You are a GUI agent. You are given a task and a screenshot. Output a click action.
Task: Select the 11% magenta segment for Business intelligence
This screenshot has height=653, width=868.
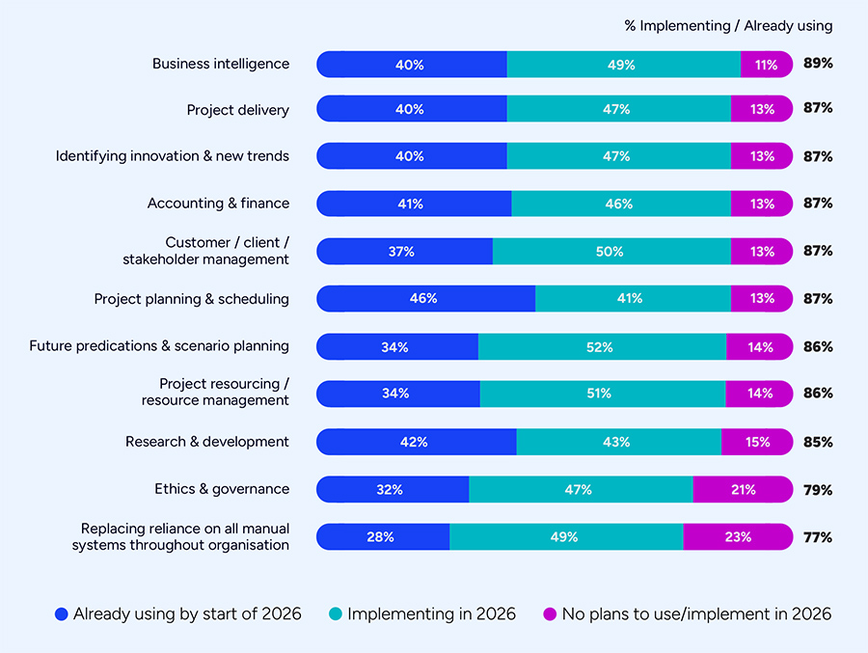pyautogui.click(x=766, y=65)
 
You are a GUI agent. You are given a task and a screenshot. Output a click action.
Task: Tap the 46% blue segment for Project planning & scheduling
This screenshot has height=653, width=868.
pyautogui.click(x=424, y=299)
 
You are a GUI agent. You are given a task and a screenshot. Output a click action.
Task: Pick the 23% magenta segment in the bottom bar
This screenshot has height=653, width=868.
pyautogui.click(x=738, y=537)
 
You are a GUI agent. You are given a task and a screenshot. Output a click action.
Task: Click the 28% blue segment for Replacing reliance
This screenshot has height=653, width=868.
pyautogui.click(x=382, y=537)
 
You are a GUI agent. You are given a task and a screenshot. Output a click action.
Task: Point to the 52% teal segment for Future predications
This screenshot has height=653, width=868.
pyautogui.click(x=602, y=347)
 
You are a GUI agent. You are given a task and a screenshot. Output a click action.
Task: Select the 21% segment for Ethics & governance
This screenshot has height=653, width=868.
pyautogui.click(x=742, y=490)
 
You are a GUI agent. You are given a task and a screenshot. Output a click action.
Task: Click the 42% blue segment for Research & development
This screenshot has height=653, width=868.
pyautogui.click(x=415, y=443)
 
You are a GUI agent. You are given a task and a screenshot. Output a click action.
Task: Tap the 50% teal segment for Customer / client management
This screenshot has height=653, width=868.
pyautogui.click(x=610, y=252)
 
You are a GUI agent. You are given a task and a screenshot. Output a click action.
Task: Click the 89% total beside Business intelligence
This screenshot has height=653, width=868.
pyautogui.click(x=818, y=65)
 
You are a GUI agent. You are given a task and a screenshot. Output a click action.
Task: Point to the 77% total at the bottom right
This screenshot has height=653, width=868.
pyautogui.click(x=818, y=537)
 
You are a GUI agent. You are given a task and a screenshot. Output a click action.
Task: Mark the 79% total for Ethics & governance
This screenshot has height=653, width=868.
pyautogui.click(x=818, y=490)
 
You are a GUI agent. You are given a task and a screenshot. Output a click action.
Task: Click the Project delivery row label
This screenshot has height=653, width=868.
pyautogui.click(x=237, y=111)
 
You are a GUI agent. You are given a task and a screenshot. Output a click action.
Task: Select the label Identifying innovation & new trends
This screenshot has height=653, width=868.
pyautogui.click(x=172, y=156)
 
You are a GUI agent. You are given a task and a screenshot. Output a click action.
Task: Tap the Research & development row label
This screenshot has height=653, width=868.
pyautogui.click(x=206, y=442)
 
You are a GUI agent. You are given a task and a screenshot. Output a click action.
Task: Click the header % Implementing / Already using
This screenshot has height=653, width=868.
pyautogui.click(x=727, y=26)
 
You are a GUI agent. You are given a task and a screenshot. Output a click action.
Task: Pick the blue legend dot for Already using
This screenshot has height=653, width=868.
pyautogui.click(x=62, y=614)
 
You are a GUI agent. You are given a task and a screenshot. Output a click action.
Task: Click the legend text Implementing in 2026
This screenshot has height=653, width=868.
pyautogui.click(x=431, y=614)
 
